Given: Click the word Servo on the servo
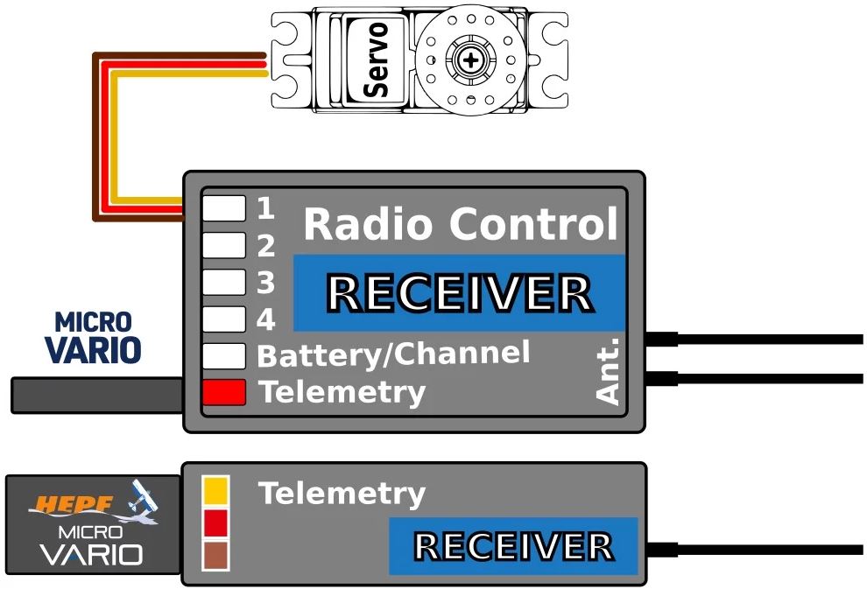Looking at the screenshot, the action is click(x=376, y=60).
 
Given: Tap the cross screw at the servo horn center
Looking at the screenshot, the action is click(x=470, y=60).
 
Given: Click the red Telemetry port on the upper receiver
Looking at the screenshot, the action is click(x=224, y=392).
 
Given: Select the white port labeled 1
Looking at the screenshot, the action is click(x=224, y=208).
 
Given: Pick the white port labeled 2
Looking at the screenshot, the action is click(x=224, y=245).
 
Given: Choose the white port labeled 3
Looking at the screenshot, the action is click(x=224, y=283).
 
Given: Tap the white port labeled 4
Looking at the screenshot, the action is click(x=224, y=319).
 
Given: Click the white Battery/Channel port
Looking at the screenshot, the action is click(x=224, y=356).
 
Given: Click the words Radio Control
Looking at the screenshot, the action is click(x=461, y=224).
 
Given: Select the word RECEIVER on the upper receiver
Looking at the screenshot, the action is click(x=461, y=293).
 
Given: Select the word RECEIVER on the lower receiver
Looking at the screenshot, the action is click(x=514, y=546).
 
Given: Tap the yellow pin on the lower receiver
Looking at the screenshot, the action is click(x=215, y=490).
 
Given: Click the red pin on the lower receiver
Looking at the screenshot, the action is click(x=215, y=523).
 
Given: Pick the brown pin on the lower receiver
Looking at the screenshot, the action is click(x=215, y=556).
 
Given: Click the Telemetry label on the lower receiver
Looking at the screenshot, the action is click(x=342, y=494).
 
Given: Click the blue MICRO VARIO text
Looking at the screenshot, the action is click(x=93, y=338).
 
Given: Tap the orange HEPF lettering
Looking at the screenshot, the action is click(x=75, y=504).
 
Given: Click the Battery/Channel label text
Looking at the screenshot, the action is click(x=394, y=354).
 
